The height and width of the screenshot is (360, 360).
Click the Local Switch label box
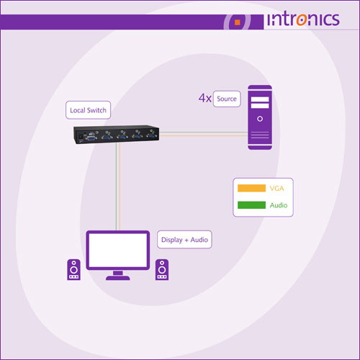[x=88, y=110]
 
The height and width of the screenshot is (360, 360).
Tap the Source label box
[x=227, y=99]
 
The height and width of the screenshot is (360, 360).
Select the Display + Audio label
[x=184, y=240]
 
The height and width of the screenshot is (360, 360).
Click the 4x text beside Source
[x=205, y=98]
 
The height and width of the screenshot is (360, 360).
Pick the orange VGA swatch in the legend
[x=251, y=188]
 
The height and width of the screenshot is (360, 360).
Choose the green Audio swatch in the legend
[x=251, y=205]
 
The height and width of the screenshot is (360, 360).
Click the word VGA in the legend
[x=276, y=189]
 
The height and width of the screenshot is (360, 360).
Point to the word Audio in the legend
[x=279, y=205]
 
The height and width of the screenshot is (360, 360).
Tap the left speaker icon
[x=73, y=269]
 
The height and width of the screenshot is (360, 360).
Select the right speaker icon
[x=162, y=269]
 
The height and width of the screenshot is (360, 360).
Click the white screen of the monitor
[x=118, y=250]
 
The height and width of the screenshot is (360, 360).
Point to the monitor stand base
[x=118, y=278]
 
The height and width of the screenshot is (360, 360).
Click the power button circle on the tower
[x=260, y=119]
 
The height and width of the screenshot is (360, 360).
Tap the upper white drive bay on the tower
[x=260, y=99]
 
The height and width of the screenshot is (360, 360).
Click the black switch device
[x=116, y=135]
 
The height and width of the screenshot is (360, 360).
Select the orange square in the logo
[x=238, y=22]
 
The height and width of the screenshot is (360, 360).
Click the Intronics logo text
[x=303, y=19]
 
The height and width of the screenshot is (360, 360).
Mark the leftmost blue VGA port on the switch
[x=91, y=138]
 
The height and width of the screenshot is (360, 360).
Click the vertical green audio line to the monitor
[x=116, y=186]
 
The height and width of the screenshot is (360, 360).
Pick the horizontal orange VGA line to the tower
[x=204, y=136]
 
